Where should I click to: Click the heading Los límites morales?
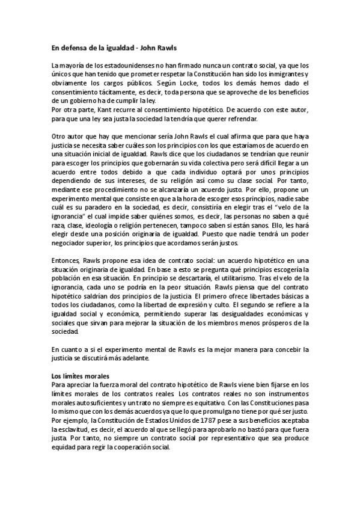point(75,376)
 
